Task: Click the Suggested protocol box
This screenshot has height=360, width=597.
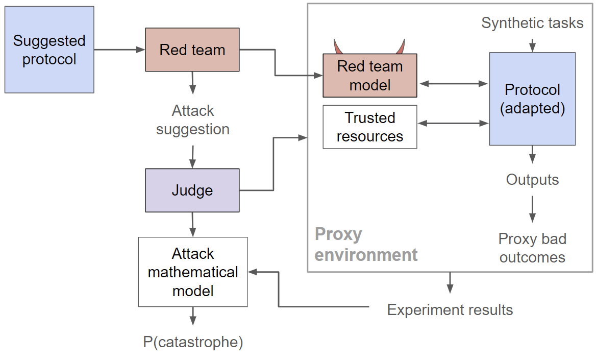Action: [49, 50]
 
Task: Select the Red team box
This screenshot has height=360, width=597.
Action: [192, 50]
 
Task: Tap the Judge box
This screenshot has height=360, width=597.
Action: [192, 190]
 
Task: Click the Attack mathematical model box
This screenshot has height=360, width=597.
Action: [193, 272]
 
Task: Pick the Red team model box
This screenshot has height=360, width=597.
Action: [370, 75]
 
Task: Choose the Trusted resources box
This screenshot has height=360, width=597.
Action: [370, 127]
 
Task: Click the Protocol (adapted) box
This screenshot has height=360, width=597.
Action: [532, 99]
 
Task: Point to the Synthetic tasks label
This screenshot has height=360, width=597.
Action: [532, 23]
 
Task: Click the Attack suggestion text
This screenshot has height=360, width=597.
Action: [193, 120]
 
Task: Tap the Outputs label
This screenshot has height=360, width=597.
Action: [532, 180]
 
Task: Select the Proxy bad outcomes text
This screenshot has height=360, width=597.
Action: [532, 248]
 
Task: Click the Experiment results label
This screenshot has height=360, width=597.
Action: [450, 309]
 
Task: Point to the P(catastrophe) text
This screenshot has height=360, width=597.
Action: [193, 342]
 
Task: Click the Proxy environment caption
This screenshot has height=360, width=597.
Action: [366, 244]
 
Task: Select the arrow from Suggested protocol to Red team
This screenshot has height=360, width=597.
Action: [119, 50]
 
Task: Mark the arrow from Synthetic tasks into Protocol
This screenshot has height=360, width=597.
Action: [532, 43]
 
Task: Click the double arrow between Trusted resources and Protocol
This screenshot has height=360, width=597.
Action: [453, 123]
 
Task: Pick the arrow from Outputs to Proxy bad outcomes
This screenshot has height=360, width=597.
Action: [532, 208]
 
